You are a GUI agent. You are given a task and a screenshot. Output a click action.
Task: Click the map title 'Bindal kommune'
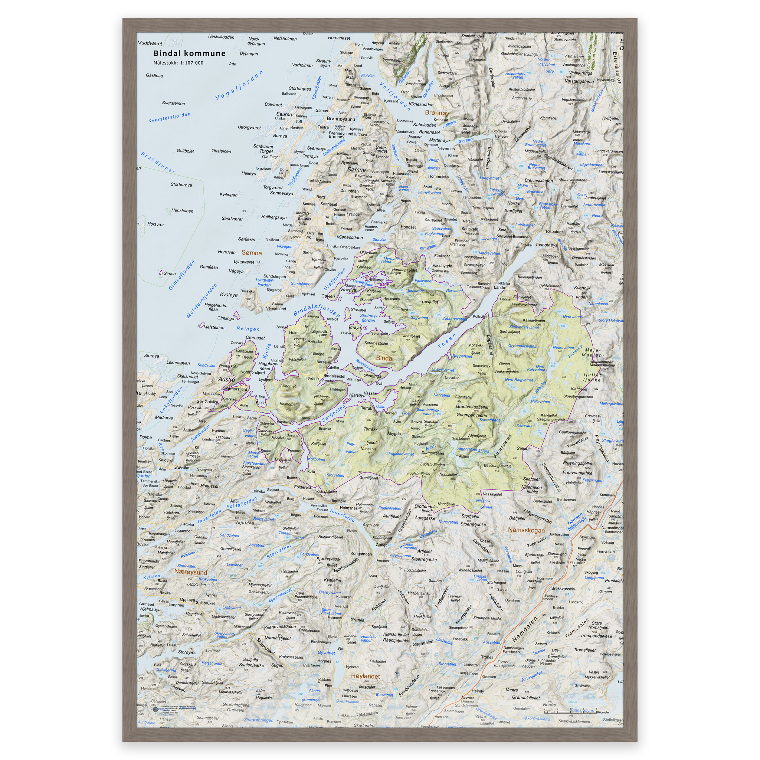tap(189, 53)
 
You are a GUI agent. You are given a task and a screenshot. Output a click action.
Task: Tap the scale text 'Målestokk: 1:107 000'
tap(178, 63)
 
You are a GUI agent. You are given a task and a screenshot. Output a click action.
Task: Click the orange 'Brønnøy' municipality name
tap(437, 112)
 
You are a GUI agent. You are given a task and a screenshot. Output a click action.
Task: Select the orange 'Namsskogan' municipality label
tap(526, 530)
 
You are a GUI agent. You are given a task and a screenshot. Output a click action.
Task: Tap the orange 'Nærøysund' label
tap(191, 572)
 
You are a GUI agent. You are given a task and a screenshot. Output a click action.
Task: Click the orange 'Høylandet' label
tap(366, 676)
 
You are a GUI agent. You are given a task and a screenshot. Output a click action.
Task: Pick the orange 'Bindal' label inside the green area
tap(384, 358)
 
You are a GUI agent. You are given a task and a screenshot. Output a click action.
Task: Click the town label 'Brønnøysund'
tap(341, 119)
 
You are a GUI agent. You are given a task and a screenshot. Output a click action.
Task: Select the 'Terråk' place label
tap(367, 408)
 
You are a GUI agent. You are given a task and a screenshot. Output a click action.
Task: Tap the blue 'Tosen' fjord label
tap(447, 341)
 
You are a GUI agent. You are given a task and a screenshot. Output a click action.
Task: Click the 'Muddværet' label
tap(150, 43)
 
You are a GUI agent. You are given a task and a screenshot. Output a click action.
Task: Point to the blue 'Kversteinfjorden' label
tap(169, 118)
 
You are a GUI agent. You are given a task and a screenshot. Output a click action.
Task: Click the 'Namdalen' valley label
tap(525, 629)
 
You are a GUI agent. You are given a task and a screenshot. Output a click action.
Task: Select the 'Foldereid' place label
tap(302, 487)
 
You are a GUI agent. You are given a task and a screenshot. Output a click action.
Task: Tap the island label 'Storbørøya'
tap(181, 184)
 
